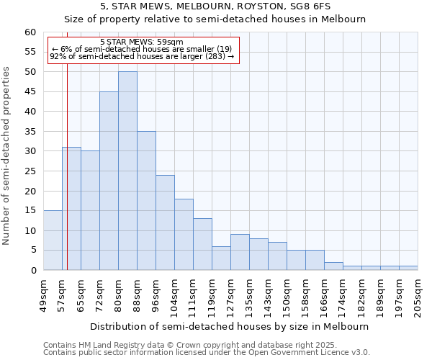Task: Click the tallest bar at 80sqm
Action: coord(127,171)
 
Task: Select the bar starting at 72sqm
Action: coord(109,181)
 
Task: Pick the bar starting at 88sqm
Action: coord(146,201)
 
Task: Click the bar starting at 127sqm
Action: coord(240,252)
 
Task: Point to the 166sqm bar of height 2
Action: coord(333,266)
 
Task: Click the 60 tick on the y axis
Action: coord(30,32)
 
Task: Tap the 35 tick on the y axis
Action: coord(30,132)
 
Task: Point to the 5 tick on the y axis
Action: coord(33,251)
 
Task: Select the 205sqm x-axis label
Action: coord(418,297)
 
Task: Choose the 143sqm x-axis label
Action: coord(268,297)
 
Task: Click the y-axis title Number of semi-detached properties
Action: coord(7,156)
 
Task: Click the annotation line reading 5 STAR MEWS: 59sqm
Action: coord(142,42)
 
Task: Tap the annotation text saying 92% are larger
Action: coord(142,56)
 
